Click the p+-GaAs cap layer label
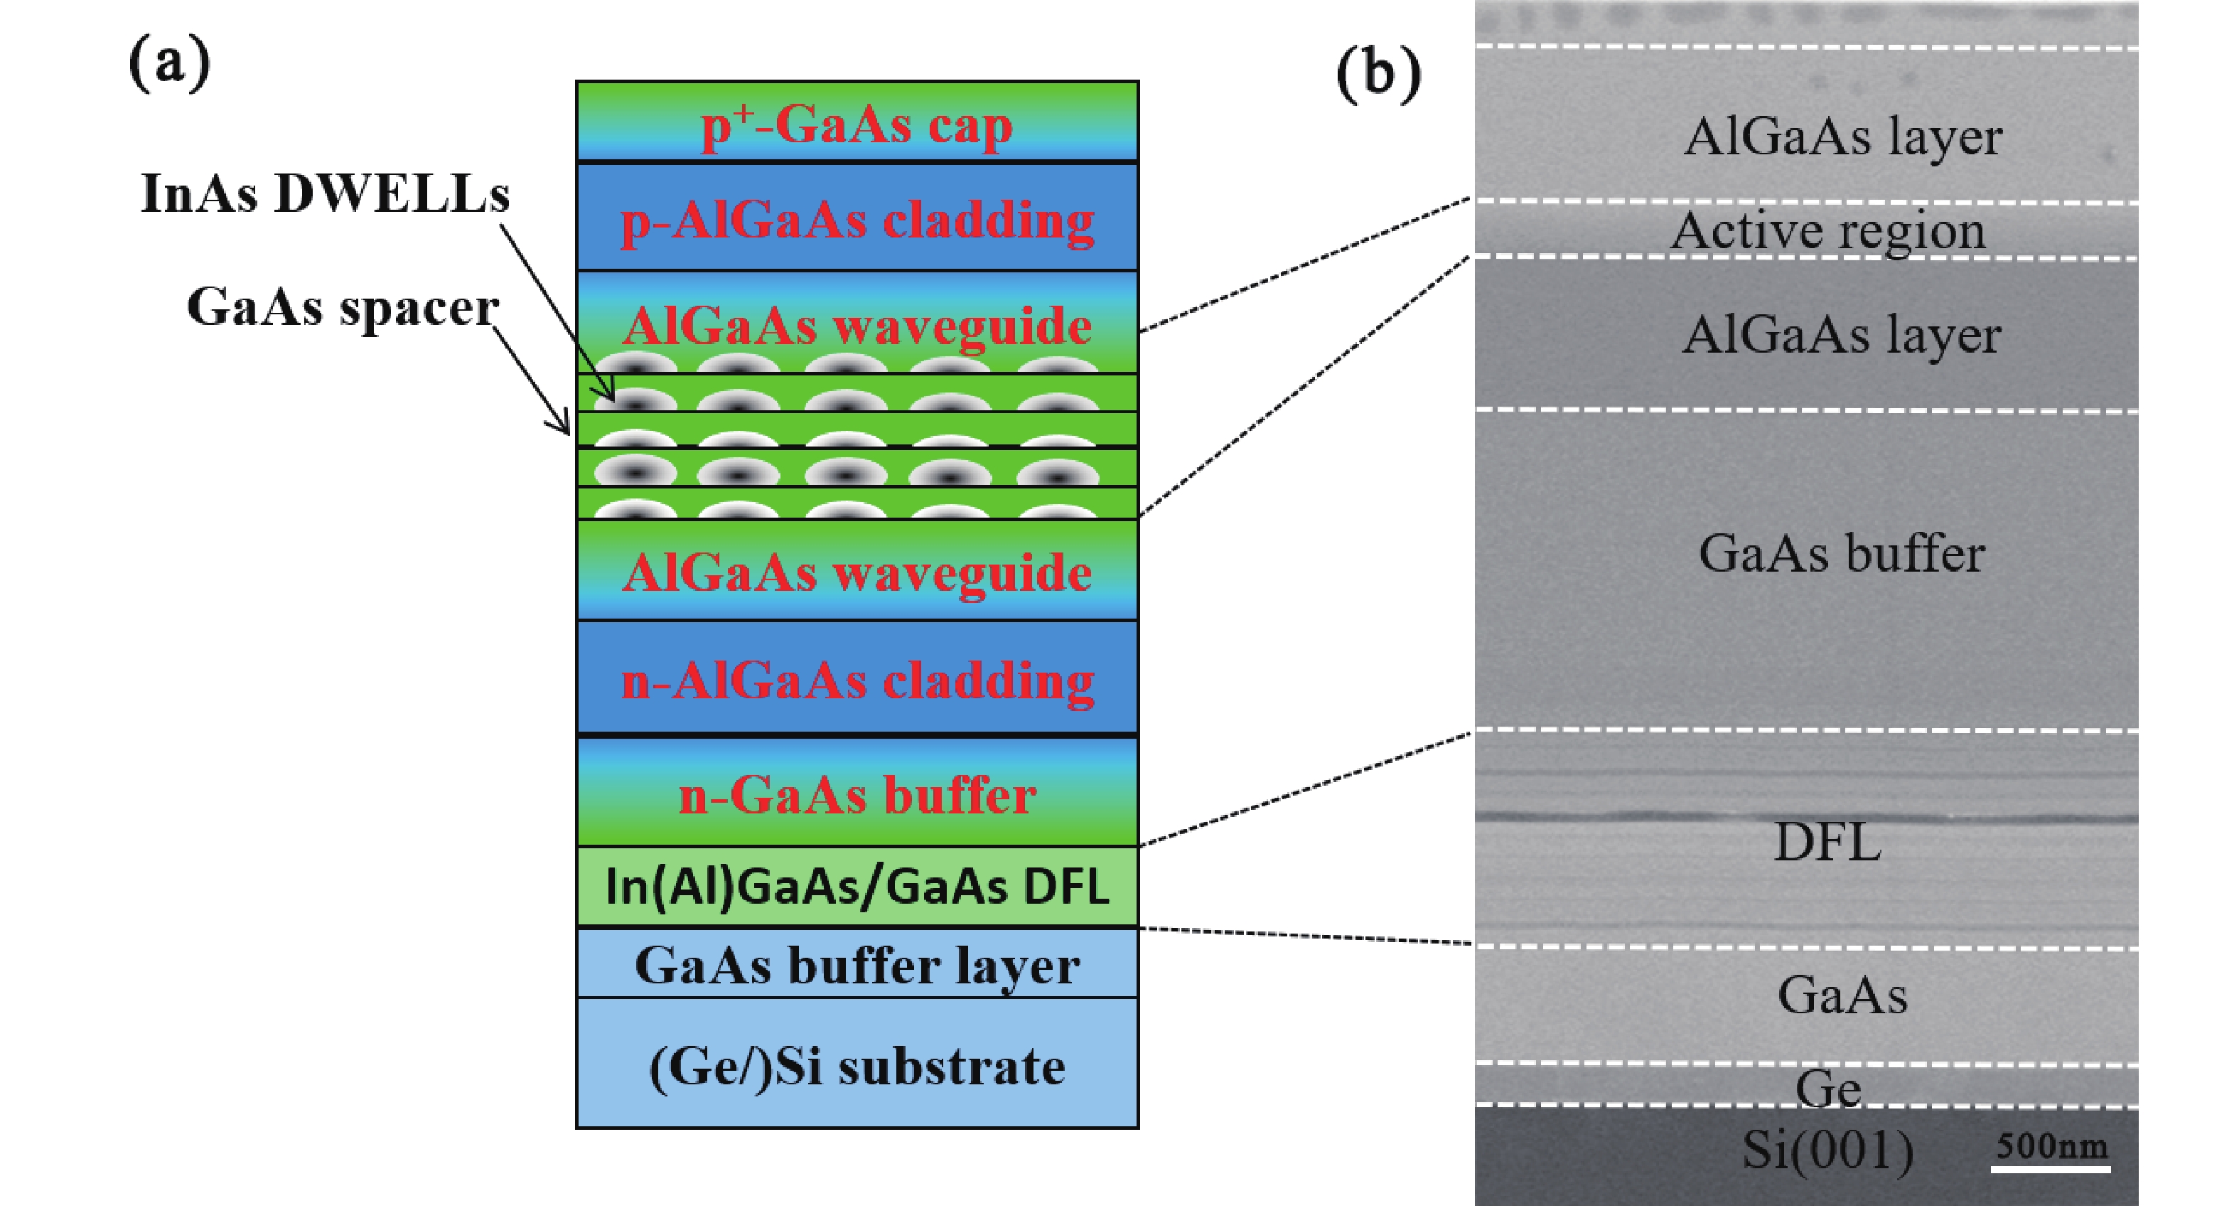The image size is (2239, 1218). (x=856, y=126)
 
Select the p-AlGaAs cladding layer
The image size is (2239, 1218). (x=856, y=219)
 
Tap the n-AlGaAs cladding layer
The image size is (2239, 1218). (x=856, y=679)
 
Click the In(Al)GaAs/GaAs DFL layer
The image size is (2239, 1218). (x=856, y=887)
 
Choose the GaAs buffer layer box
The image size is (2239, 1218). (x=856, y=965)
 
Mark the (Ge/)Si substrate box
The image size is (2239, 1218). (x=856, y=1066)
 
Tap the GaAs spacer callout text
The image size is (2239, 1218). (x=343, y=307)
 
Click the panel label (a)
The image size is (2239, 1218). (x=169, y=63)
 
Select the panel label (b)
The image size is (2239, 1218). (x=1378, y=73)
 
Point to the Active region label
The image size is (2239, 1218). (x=1828, y=231)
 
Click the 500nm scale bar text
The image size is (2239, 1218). (x=2051, y=1145)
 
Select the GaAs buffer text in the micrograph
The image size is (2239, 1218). (x=1841, y=553)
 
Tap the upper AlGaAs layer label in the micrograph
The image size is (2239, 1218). (x=1842, y=137)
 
